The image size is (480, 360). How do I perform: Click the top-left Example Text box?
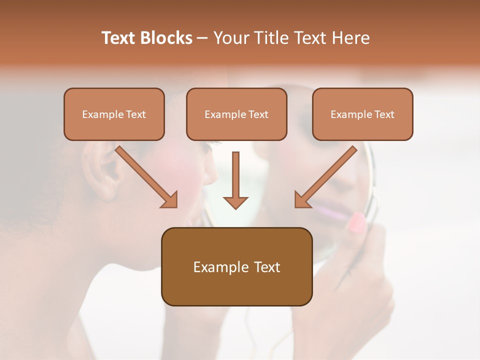click(114, 114)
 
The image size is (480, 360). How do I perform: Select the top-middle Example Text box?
click(236, 114)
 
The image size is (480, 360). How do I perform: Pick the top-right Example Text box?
click(362, 114)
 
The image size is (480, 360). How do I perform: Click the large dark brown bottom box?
click(236, 266)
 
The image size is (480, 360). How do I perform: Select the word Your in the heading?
click(230, 38)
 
